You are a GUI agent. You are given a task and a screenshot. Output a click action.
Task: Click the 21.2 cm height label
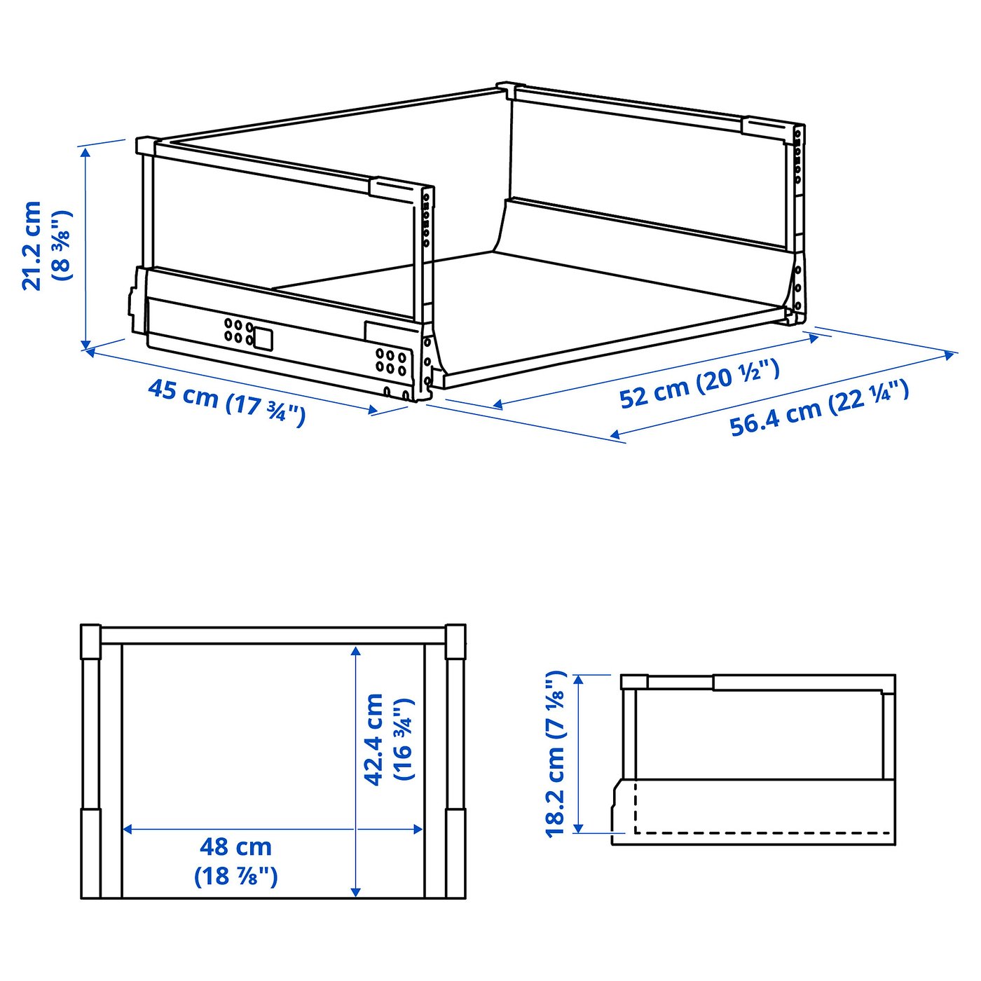[32, 245]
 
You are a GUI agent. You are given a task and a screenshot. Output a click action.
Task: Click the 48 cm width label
[235, 847]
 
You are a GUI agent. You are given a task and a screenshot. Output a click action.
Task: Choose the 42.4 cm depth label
[374, 739]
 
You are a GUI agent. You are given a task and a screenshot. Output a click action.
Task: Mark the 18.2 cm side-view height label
[555, 754]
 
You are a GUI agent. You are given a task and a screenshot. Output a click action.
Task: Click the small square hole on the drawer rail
[263, 338]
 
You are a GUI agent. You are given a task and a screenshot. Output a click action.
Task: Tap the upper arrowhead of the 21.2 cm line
[85, 151]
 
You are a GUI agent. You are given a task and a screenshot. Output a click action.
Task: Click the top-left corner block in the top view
[90, 641]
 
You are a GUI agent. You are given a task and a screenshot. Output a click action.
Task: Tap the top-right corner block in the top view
[455, 641]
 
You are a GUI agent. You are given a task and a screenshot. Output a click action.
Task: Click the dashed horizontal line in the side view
[764, 833]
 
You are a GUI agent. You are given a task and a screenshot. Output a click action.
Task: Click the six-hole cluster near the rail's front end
[390, 361]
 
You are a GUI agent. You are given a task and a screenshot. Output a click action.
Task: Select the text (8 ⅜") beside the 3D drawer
[62, 245]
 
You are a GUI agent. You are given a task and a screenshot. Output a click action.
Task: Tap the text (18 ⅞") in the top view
[235, 877]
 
